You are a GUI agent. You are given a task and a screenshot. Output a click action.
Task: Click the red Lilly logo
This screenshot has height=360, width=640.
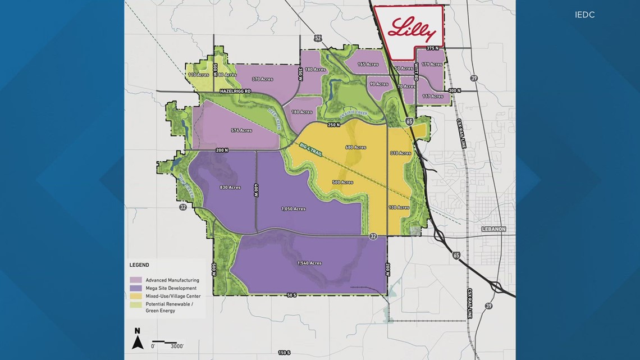point(413,30)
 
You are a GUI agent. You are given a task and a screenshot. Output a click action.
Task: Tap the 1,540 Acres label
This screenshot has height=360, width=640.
point(309,263)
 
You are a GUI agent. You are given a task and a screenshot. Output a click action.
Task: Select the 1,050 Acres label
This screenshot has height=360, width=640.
point(293,209)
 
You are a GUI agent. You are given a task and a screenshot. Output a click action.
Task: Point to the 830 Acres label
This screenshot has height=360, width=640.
point(230,187)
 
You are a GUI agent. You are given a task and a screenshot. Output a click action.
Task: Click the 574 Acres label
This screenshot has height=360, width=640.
point(241,130)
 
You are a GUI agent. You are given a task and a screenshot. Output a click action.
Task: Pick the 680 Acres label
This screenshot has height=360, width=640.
point(356,148)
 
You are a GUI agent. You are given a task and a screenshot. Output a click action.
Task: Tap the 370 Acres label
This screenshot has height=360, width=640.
point(263,79)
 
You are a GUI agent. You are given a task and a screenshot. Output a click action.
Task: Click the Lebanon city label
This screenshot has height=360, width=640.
point(493,229)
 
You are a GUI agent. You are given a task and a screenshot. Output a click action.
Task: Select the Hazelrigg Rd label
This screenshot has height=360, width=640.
point(235,91)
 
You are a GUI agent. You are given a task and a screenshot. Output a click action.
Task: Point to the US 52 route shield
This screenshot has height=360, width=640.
point(318,38)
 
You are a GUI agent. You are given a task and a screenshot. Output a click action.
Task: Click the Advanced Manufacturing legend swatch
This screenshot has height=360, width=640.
point(135,280)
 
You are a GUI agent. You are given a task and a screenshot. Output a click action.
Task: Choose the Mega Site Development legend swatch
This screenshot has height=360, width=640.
point(135,288)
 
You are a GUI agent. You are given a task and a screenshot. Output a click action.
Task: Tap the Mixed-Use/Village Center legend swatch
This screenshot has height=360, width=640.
point(135,296)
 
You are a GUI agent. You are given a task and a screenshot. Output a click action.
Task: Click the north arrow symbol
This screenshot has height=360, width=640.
point(138,339)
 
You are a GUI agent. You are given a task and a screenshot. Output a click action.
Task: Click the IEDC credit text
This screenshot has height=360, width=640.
point(584,15)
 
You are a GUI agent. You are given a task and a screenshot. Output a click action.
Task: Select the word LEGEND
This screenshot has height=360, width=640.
point(139,265)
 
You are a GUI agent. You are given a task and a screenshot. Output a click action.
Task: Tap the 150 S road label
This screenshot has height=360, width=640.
point(285,353)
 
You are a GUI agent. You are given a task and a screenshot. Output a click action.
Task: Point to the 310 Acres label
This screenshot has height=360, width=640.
point(401,153)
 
